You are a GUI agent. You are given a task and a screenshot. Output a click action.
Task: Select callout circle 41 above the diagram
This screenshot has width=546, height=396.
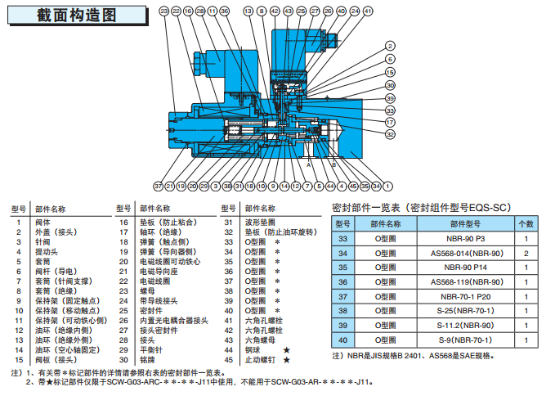pyautogui.click(x=368, y=11)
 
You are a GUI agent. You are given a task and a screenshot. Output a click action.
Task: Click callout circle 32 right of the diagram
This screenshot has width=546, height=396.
pyautogui.click(x=390, y=134)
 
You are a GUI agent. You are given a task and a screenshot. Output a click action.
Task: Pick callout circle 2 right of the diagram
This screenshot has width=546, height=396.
pyautogui.click(x=390, y=59)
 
